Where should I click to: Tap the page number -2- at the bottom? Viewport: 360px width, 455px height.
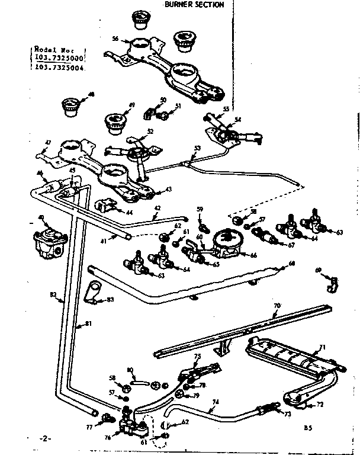46,439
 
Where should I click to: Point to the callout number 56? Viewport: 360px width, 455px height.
115,39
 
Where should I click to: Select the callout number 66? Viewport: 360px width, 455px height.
253,255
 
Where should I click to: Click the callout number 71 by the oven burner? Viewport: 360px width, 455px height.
323,347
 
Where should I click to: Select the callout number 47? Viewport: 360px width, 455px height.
49,142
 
